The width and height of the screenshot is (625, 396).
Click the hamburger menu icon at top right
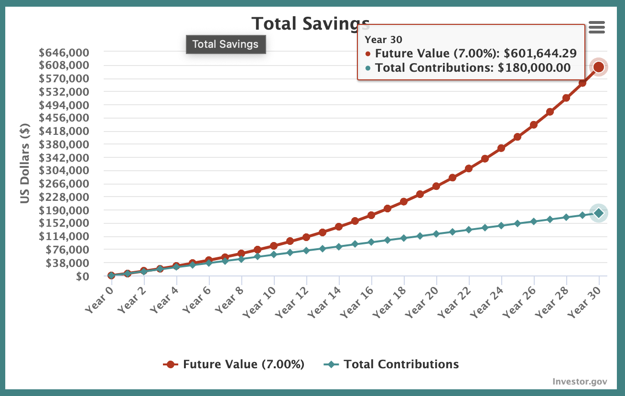(x=597, y=27)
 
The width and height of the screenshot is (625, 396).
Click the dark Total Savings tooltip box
(x=226, y=44)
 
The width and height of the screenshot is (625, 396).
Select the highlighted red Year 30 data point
(x=598, y=67)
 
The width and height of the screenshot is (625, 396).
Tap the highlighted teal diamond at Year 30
(x=598, y=213)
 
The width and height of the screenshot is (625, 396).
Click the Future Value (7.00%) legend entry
(x=234, y=364)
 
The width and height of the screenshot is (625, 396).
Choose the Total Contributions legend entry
(x=391, y=364)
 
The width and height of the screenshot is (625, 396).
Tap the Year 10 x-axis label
(x=259, y=299)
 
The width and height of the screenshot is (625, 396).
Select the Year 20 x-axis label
(x=421, y=299)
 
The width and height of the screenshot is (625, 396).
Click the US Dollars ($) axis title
(x=26, y=163)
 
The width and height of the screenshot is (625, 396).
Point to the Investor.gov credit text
(x=580, y=381)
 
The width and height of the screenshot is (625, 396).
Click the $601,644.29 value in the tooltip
(x=540, y=53)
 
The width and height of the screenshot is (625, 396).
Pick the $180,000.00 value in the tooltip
(x=534, y=68)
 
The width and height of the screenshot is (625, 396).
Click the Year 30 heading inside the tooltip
(x=383, y=40)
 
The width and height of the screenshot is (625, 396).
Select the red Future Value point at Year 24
(x=501, y=148)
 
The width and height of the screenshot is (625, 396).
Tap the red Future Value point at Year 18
(x=404, y=201)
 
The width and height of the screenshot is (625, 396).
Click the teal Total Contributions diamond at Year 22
(x=469, y=230)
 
